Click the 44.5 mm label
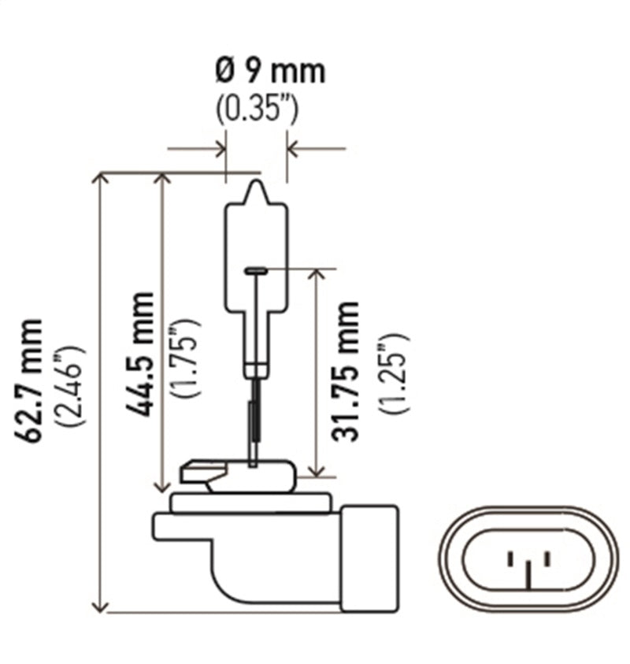tap(143, 354)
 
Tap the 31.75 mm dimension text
tap(346, 370)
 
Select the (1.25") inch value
tap(393, 373)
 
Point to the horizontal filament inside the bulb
tap(257, 271)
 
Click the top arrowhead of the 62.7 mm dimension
tap(100, 179)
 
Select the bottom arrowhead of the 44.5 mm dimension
tap(164, 487)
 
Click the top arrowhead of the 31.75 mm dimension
tap(317, 275)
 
